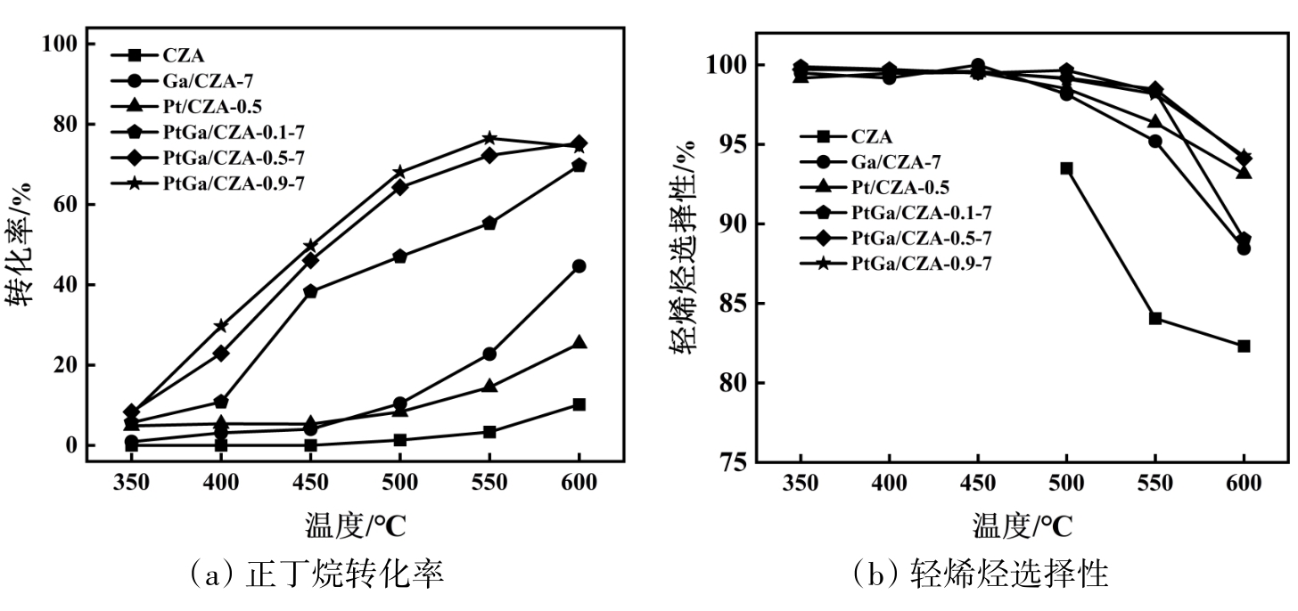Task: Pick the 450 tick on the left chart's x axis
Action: (309, 482)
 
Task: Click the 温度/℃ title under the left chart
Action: (356, 525)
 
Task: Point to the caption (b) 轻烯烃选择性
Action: (981, 574)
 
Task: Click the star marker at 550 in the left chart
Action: (489, 138)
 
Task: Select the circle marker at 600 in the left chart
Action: (579, 266)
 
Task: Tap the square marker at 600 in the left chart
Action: (579, 404)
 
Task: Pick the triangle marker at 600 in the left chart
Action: (579, 343)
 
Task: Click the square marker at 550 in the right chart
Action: (1154, 318)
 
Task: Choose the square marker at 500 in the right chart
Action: (1066, 168)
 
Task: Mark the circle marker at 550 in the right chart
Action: (1154, 141)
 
